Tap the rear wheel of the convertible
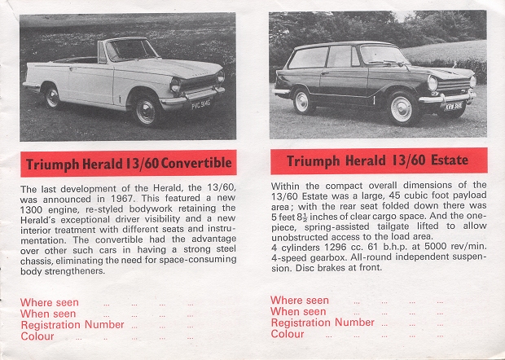coord(52,97)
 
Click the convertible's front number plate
coord(200,104)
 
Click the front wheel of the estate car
coord(402,108)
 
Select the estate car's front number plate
coord(453,105)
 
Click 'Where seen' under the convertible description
coord(49,302)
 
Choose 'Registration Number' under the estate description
coord(322,323)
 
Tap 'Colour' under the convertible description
coord(37,336)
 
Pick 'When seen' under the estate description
coord(297,311)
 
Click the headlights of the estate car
coord(434,82)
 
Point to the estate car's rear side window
coord(309,58)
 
